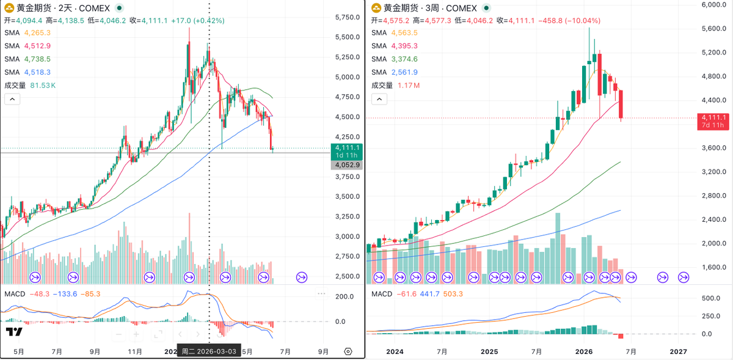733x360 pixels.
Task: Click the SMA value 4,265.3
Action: point(37,33)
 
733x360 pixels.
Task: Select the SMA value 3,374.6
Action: point(404,59)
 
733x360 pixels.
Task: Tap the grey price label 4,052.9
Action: point(347,165)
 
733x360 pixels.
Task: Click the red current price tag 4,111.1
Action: point(713,122)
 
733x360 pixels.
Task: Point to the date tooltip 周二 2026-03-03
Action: point(209,351)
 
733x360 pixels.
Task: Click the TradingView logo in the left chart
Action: point(14,332)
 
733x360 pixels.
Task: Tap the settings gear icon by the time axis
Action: point(348,351)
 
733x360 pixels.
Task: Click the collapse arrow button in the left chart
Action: point(12,99)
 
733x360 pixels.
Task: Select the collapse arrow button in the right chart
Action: point(379,99)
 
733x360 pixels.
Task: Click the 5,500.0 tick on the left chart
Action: point(348,37)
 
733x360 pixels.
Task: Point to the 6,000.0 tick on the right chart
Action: point(714,5)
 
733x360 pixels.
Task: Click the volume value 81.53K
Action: point(43,86)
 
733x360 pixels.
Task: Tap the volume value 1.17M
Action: point(409,86)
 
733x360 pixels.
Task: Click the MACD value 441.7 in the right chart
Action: point(429,294)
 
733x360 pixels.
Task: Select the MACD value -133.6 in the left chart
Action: point(65,294)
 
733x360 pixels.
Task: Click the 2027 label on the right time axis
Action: point(679,351)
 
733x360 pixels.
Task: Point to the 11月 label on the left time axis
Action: point(135,351)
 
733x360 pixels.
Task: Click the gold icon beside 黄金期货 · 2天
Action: point(9,8)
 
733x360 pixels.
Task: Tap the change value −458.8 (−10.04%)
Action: point(569,21)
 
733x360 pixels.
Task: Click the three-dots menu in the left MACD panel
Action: point(321,294)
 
